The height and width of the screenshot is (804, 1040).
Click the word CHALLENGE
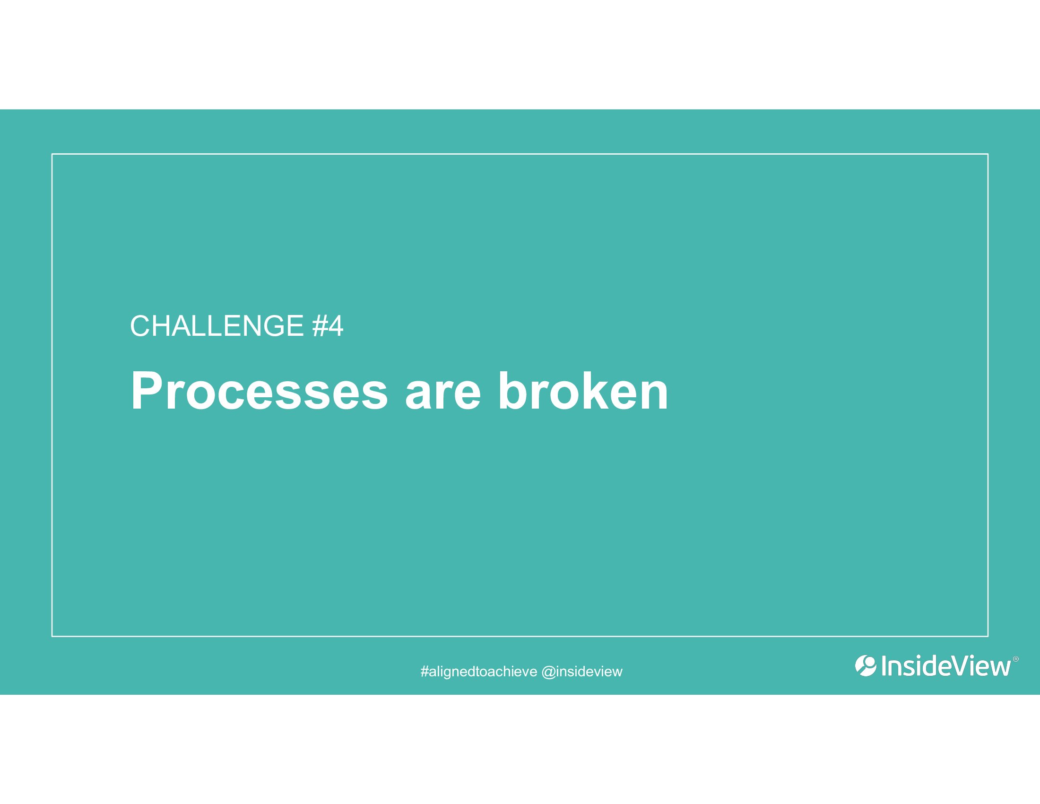coord(217,326)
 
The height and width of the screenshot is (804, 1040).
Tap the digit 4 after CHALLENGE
coord(335,326)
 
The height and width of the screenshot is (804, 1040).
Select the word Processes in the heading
coord(259,391)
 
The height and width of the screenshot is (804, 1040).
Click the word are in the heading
coord(443,396)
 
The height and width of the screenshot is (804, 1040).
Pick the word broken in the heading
coord(583,391)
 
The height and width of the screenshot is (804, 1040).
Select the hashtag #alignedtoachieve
coord(478,672)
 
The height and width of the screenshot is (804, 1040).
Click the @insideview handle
coord(582,672)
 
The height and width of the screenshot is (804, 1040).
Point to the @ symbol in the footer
coord(548,672)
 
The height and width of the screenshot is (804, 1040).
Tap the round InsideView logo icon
coord(866,666)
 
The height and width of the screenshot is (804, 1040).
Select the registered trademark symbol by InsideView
coord(1015,659)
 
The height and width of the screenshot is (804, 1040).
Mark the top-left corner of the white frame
coord(52,154)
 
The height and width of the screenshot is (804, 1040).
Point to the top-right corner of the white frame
coord(988,154)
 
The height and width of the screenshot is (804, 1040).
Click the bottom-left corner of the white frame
coord(52,636)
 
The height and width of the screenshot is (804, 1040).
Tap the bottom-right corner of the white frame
coord(988,636)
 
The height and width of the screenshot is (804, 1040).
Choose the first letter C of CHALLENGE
coord(140,326)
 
